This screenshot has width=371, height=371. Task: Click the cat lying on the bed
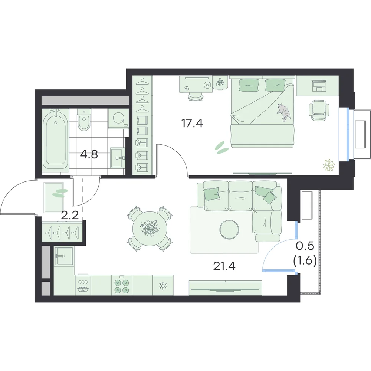tap(284, 112)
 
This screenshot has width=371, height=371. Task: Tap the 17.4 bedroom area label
tap(192, 123)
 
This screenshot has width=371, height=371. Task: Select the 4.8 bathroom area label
tap(89, 155)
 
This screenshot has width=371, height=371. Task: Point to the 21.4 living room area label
tap(224, 266)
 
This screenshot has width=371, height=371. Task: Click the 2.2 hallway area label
tap(70, 216)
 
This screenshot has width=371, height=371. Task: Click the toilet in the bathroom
tap(84, 120)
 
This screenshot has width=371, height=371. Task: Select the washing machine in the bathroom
tap(118, 119)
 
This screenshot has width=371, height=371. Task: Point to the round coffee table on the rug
tap(229, 229)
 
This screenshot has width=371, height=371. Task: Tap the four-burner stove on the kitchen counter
tap(122, 286)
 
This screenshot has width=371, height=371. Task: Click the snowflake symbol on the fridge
tap(162, 286)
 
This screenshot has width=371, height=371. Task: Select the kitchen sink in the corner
tap(64, 256)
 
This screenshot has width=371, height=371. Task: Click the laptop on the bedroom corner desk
tap(319, 86)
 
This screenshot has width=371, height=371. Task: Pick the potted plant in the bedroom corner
tap(329, 165)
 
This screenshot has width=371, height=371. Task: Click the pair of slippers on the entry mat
tap(60, 193)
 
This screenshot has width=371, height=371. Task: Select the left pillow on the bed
tap(249, 85)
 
